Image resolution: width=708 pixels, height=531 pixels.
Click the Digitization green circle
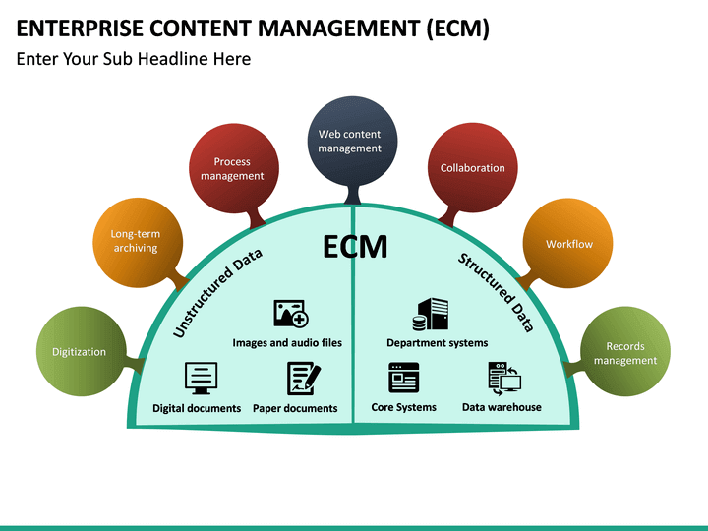point(79,351)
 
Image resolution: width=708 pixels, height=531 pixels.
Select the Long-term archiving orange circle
point(135,241)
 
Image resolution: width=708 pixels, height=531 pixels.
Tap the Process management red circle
point(232,168)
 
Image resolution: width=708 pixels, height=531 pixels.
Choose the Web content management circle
point(349,141)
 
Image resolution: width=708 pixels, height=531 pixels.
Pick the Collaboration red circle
point(472,168)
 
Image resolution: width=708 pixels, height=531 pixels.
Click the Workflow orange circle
point(569,244)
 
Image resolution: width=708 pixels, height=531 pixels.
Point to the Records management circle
point(624,353)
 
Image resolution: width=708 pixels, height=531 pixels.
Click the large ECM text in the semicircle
point(355,248)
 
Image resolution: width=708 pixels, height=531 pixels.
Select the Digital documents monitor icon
point(201,378)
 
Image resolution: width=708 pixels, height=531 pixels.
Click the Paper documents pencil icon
point(303,379)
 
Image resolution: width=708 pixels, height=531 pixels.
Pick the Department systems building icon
point(432,315)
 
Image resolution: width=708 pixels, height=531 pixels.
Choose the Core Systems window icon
point(404,378)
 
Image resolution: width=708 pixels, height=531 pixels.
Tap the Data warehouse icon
point(503,379)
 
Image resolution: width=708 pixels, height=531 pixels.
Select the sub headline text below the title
point(134,59)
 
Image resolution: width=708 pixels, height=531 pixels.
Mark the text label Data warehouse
point(501,407)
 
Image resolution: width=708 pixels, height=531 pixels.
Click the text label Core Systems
point(403,407)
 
